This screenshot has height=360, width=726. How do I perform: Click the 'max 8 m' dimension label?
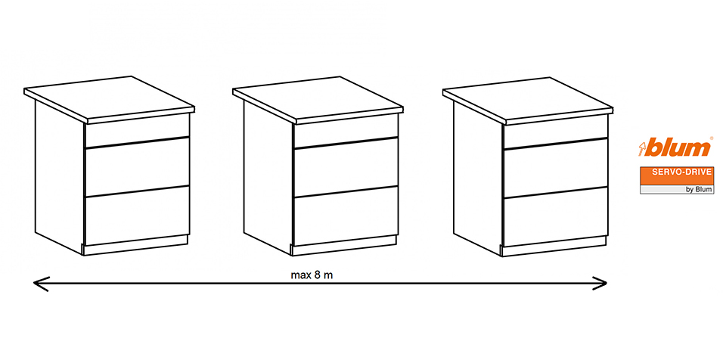[312, 275]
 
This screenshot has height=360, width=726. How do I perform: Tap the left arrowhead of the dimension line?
[41, 284]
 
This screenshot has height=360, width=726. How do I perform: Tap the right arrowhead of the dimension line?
[600, 284]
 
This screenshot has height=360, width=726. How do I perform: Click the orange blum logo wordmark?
[675, 147]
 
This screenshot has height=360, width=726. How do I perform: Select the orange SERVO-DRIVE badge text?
[676, 173]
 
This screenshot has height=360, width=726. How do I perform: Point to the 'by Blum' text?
[699, 190]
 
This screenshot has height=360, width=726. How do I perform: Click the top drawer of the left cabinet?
[137, 130]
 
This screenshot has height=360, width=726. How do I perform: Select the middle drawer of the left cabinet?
[137, 167]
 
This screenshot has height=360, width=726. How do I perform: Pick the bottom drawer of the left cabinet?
[137, 216]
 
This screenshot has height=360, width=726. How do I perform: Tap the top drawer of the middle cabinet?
[346, 130]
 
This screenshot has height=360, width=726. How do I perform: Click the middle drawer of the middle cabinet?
[346, 167]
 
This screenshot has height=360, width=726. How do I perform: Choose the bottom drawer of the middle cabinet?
[346, 216]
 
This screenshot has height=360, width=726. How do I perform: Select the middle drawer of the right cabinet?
[556, 168]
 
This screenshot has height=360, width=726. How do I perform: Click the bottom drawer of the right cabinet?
[556, 217]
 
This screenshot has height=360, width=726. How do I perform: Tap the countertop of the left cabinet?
[109, 99]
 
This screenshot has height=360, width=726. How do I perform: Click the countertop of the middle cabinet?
[318, 100]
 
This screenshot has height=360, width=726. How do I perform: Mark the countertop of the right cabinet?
[528, 101]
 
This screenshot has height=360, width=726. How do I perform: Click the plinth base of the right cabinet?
[554, 247]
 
